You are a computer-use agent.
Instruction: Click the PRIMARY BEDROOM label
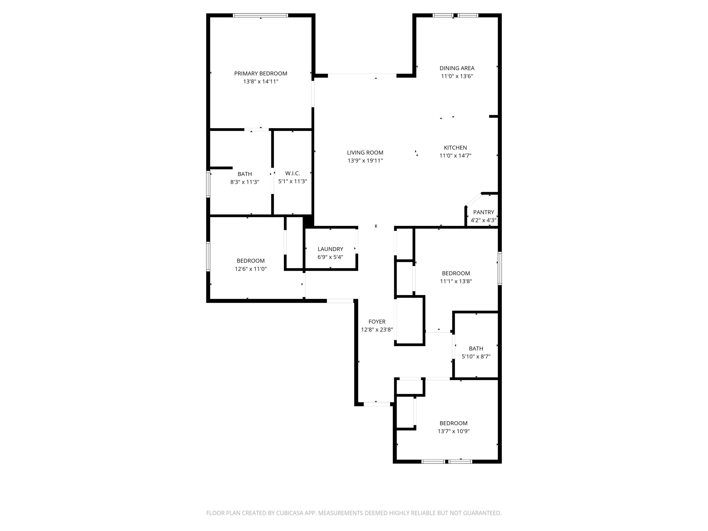pos(261,73)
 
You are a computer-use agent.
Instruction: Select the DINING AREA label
pos(457,68)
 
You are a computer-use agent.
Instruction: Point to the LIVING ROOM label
pos(365,153)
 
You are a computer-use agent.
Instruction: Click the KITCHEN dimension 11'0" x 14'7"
pos(455,156)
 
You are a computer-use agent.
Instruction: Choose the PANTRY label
pos(483,212)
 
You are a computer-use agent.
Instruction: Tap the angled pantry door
pos(474,199)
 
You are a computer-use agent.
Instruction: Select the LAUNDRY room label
pos(330,249)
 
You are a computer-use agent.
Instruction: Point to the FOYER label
pos(377,322)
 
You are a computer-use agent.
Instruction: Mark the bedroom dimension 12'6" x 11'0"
pos(251,269)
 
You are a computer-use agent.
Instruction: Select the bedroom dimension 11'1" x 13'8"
pos(456,281)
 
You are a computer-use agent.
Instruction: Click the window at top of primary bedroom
pos(261,15)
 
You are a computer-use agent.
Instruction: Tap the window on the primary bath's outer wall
pos(208,184)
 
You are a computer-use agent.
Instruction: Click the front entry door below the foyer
pos(377,404)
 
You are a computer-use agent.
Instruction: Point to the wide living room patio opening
pos(362,75)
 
